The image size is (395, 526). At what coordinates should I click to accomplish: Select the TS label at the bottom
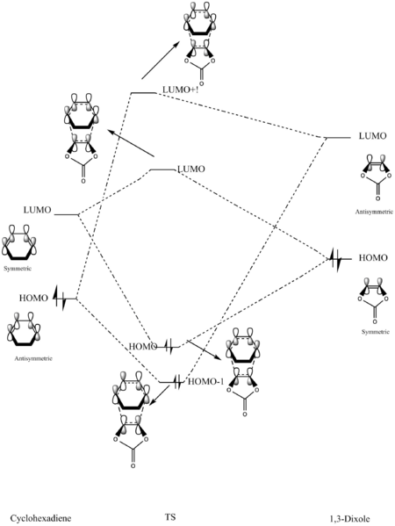(170, 516)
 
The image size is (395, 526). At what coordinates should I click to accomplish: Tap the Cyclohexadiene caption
(40, 518)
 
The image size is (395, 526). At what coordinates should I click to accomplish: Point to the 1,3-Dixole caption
(349, 517)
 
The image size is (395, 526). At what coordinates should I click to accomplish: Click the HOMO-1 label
(205, 381)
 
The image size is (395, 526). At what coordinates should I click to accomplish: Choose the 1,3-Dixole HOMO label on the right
(373, 257)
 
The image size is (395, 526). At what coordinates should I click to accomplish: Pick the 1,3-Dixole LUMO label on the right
(372, 136)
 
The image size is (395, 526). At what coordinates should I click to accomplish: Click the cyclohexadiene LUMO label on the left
(37, 210)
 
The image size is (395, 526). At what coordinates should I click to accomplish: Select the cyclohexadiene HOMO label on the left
(33, 298)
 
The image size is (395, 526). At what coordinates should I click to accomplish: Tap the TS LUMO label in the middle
(190, 169)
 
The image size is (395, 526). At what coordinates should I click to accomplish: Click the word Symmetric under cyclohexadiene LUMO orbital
(18, 269)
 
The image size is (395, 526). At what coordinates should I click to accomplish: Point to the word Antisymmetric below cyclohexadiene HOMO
(33, 358)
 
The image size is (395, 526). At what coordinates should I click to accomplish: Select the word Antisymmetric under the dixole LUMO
(374, 212)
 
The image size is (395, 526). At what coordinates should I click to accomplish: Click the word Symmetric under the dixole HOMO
(375, 332)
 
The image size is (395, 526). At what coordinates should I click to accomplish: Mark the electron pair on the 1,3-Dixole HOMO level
(335, 259)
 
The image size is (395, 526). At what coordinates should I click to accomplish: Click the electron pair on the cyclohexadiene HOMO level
(61, 298)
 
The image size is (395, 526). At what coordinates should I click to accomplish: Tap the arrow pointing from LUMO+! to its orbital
(161, 61)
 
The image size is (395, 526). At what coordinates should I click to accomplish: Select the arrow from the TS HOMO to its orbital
(205, 349)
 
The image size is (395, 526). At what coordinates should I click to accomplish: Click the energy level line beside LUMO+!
(143, 92)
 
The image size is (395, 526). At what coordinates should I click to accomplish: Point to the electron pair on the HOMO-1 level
(178, 382)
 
